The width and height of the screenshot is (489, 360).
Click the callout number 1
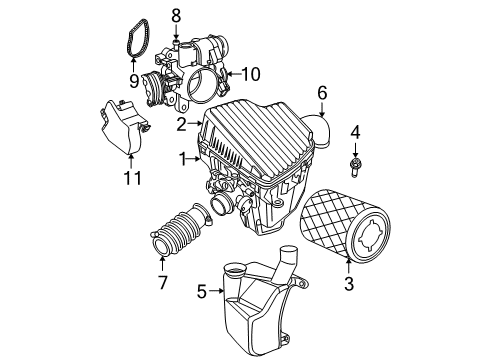(182, 158)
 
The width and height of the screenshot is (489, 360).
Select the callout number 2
(182, 126)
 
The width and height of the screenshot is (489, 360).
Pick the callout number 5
(202, 293)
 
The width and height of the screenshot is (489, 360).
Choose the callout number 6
(322, 93)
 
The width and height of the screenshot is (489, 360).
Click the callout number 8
(175, 15)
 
